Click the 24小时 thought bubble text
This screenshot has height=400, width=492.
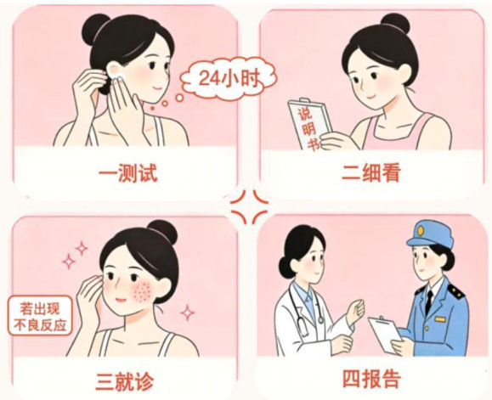point(230,78)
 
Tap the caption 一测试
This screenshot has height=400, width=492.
point(127,172)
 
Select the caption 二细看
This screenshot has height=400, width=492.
point(371,172)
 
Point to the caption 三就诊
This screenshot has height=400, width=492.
point(125,381)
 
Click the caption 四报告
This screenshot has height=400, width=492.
point(371,379)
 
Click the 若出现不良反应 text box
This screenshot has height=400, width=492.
point(40,315)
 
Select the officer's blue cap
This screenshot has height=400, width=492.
point(430,234)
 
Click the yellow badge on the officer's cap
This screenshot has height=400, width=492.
point(421,231)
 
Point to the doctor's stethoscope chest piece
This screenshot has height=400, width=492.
point(320,320)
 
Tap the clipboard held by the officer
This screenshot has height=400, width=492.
point(385,335)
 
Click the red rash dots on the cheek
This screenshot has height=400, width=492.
point(143,290)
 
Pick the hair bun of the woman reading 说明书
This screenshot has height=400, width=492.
point(395,23)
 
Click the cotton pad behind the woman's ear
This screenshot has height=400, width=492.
point(118,77)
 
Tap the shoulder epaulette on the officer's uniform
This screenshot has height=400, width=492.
point(456,291)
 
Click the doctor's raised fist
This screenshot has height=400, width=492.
point(356,310)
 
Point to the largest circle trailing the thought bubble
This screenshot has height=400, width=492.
point(179,99)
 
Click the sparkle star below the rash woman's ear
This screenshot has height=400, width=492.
point(187,313)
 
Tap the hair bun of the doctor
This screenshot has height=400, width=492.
point(286,268)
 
